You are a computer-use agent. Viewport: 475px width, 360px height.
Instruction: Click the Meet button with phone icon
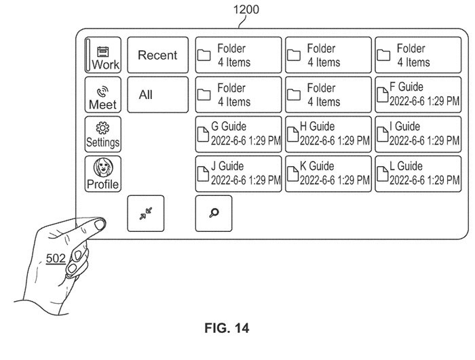point(102,95)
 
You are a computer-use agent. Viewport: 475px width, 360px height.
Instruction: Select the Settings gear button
point(102,134)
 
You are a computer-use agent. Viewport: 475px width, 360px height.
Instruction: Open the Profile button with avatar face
point(102,174)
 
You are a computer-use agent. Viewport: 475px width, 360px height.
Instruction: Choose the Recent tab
point(157,55)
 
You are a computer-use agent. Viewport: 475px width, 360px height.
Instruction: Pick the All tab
point(157,95)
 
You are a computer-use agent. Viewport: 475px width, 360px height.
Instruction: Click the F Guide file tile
point(419,95)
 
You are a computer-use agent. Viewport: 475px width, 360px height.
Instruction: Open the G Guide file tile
point(238,134)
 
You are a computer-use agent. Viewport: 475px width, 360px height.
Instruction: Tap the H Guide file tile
point(328,134)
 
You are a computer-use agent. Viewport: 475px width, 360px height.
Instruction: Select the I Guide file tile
point(419,134)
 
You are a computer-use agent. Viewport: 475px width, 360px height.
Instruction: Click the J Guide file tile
point(238,174)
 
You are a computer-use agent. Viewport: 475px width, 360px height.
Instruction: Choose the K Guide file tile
point(328,174)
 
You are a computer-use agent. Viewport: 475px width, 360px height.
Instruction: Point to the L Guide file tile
point(419,174)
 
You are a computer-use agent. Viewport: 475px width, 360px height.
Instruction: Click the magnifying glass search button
point(214,213)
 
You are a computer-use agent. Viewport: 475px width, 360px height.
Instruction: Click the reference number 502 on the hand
point(56,258)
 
